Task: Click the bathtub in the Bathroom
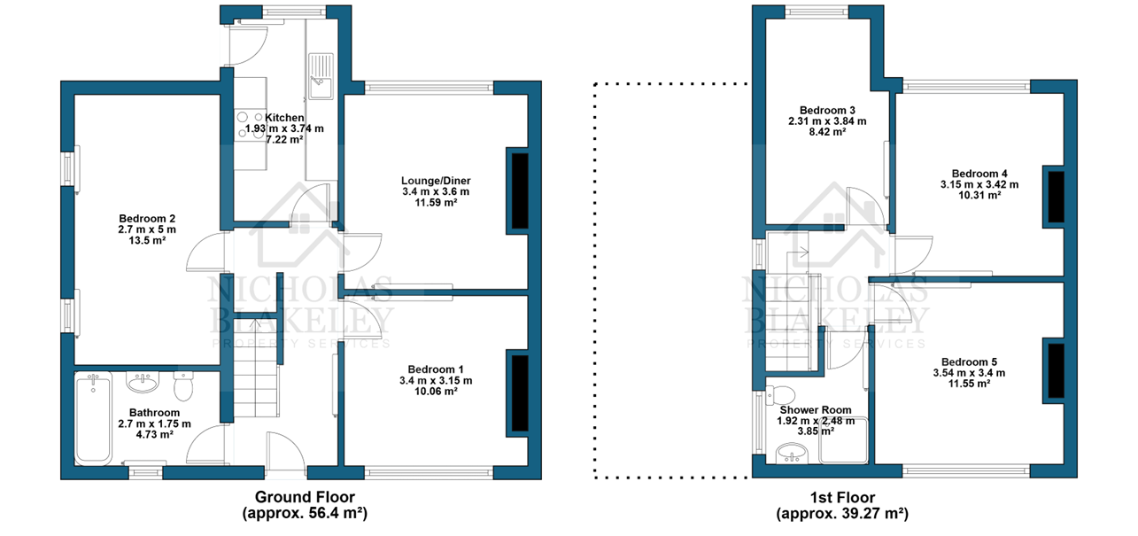[94, 418]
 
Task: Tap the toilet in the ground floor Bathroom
[183, 386]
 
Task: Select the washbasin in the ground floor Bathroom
[143, 382]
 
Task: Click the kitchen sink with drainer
[321, 76]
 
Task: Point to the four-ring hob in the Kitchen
[250, 125]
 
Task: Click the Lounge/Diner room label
[436, 181]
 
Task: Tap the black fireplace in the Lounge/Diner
[520, 191]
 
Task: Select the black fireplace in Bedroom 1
[520, 393]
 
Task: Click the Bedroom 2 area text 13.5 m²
[147, 240]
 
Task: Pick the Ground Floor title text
[305, 496]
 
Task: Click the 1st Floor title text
[842, 497]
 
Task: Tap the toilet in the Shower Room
[781, 393]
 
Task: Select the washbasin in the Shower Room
[792, 453]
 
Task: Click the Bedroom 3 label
[827, 110]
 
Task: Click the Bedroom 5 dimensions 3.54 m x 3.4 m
[969, 372]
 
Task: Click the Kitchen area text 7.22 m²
[284, 139]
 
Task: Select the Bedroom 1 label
[436, 369]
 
